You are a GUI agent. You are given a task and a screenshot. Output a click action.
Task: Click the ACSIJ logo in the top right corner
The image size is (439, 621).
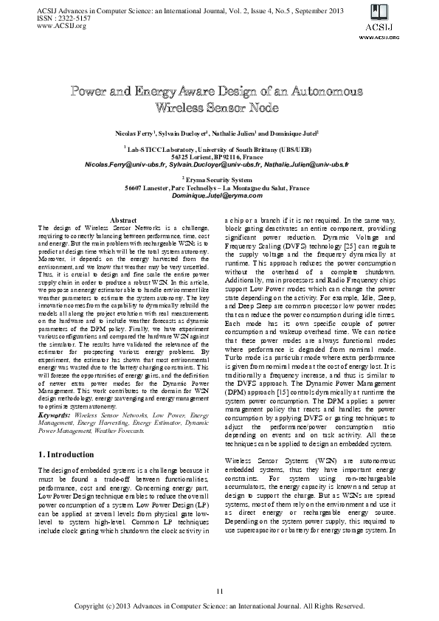point(404,21)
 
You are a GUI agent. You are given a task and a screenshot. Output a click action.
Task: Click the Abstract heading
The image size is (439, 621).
point(124,221)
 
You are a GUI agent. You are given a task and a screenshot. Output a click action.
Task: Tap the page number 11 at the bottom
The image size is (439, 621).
point(219,591)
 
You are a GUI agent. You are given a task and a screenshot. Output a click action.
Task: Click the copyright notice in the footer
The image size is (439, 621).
point(219,606)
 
